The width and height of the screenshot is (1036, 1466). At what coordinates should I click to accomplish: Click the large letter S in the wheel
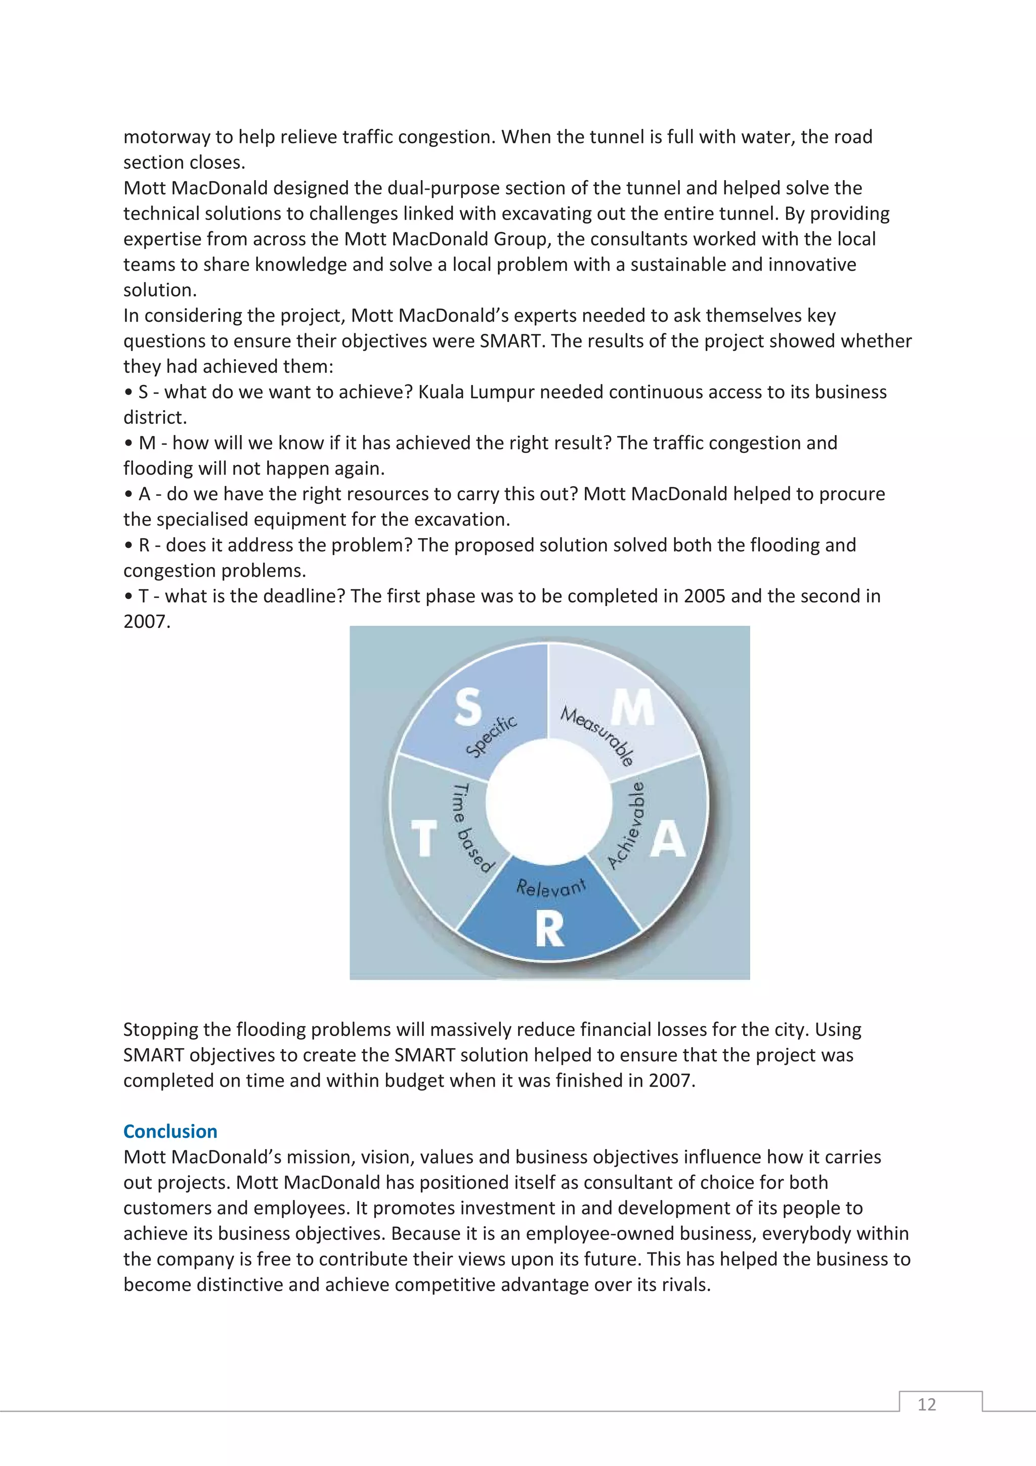pos(468,708)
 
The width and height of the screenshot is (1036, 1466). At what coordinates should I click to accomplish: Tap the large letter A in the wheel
pos(668,839)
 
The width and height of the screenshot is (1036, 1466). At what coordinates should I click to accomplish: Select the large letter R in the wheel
pos(549,929)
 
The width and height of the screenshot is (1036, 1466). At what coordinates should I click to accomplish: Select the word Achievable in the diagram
pos(627,824)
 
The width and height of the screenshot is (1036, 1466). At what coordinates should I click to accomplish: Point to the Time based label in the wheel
pos(471,827)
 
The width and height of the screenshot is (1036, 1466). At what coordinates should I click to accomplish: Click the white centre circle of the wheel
pos(549,804)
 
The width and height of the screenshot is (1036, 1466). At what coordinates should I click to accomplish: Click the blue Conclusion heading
pos(170,1132)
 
